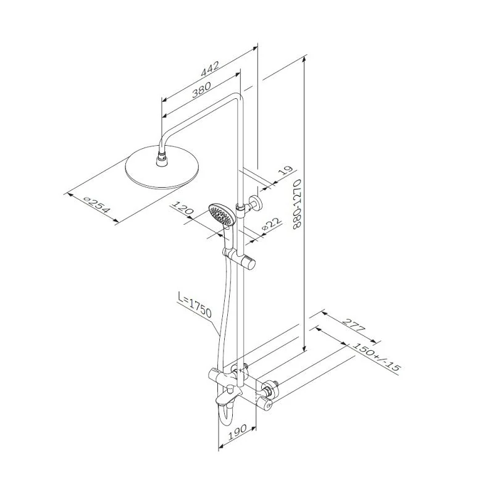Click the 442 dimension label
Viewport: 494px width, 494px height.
point(210,69)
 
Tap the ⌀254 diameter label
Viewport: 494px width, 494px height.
point(97,204)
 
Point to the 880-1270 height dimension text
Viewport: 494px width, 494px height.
point(297,204)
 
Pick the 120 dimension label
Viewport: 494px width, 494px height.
point(182,208)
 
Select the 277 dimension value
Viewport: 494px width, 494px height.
point(353,325)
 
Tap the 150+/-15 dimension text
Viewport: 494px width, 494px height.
point(377,357)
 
